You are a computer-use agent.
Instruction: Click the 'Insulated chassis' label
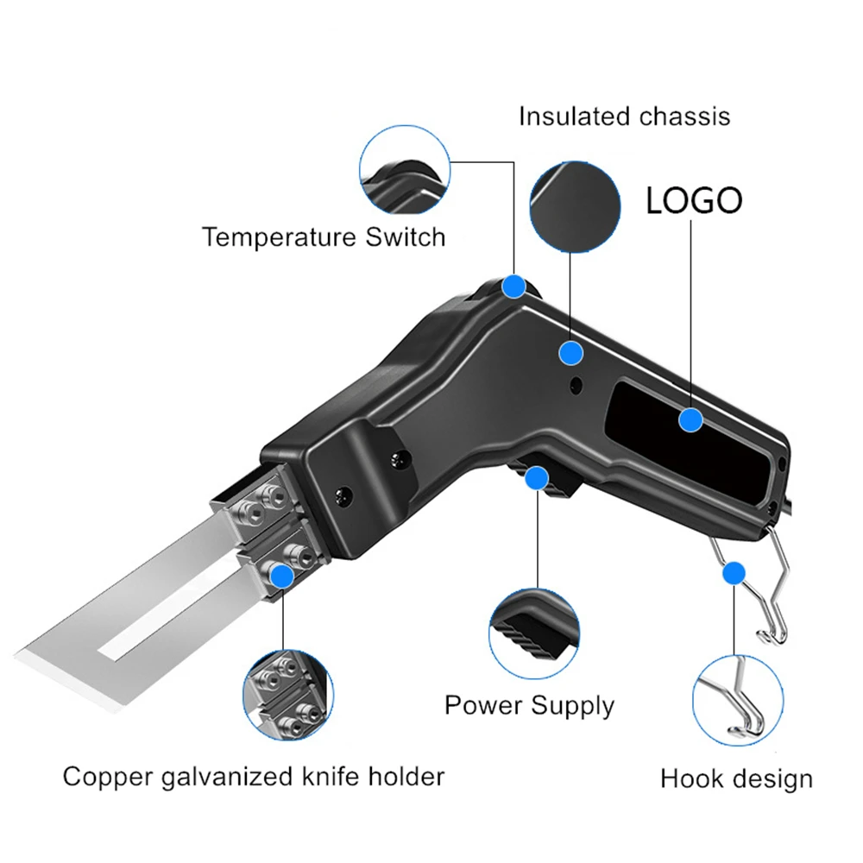click(x=624, y=117)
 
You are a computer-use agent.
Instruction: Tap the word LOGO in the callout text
click(x=694, y=201)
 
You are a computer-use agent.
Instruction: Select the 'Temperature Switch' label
click(x=324, y=236)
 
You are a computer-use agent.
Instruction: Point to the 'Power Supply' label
click(x=529, y=705)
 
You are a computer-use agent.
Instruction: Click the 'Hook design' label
click(x=736, y=778)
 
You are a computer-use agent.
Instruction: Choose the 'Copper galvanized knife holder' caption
click(x=254, y=776)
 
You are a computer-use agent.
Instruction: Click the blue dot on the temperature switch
click(x=515, y=286)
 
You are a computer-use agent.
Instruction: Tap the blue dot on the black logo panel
click(x=690, y=420)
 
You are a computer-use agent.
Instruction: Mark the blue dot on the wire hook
click(x=734, y=572)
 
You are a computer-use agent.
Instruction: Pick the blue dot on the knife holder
click(x=280, y=572)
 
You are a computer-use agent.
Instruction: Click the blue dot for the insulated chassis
click(x=570, y=352)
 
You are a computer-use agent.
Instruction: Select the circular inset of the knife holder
click(x=288, y=695)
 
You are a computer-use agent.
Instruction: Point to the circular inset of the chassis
click(x=575, y=207)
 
